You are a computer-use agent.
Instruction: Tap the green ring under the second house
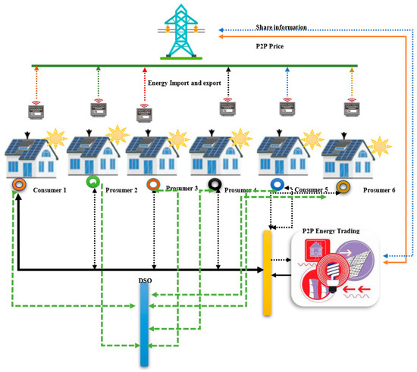click(x=92, y=182)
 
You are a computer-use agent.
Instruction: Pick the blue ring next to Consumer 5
click(x=278, y=185)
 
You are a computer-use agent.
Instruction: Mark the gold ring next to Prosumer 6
click(x=343, y=186)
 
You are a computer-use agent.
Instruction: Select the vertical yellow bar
click(x=267, y=274)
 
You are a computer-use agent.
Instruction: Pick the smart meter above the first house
click(x=36, y=112)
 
